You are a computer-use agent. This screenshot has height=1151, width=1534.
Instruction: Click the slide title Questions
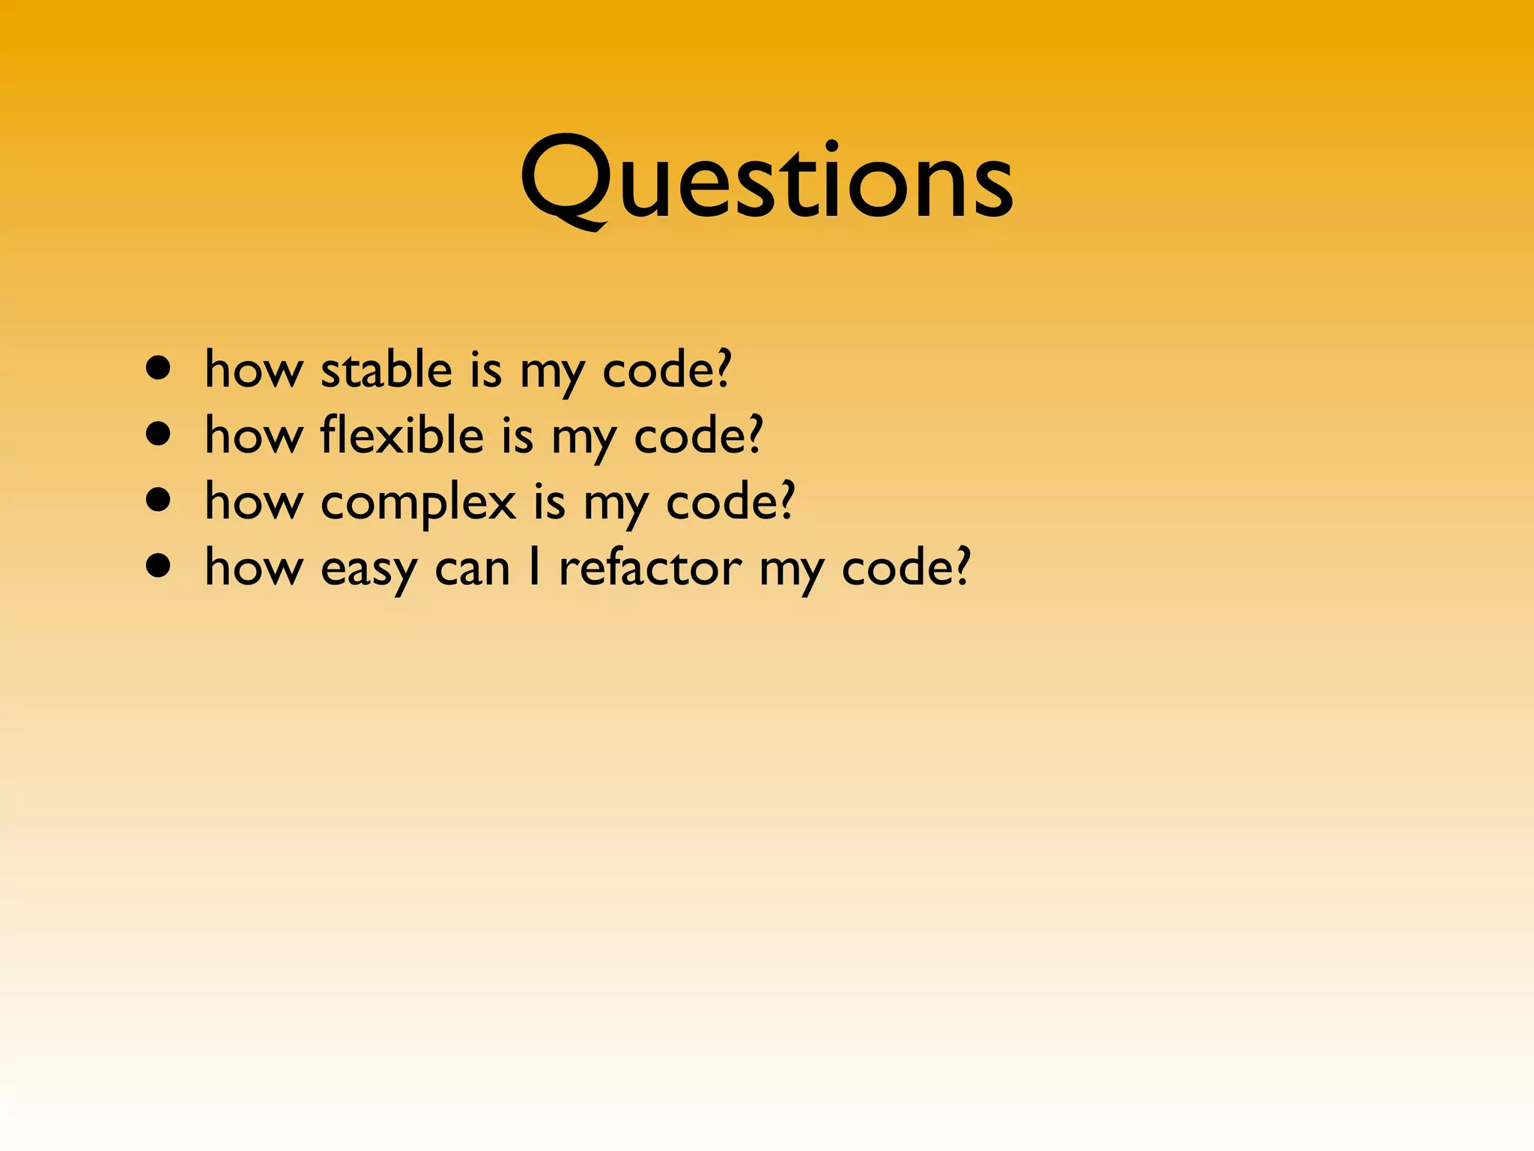[766, 180]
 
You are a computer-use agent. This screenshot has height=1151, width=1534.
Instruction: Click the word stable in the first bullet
[386, 370]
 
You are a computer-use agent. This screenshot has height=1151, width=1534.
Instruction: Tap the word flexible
[402, 435]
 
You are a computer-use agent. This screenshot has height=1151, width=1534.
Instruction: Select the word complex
[418, 502]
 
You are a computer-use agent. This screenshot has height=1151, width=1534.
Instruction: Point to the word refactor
[650, 567]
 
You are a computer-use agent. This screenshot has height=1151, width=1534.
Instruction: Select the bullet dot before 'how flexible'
[158, 434]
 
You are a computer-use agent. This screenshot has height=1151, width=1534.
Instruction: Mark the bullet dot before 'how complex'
[158, 500]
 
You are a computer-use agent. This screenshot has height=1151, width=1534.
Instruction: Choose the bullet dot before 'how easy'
[158, 566]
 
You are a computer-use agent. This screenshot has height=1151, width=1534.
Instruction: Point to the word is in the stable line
[485, 370]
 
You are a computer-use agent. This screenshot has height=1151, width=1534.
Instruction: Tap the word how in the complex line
[253, 501]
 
